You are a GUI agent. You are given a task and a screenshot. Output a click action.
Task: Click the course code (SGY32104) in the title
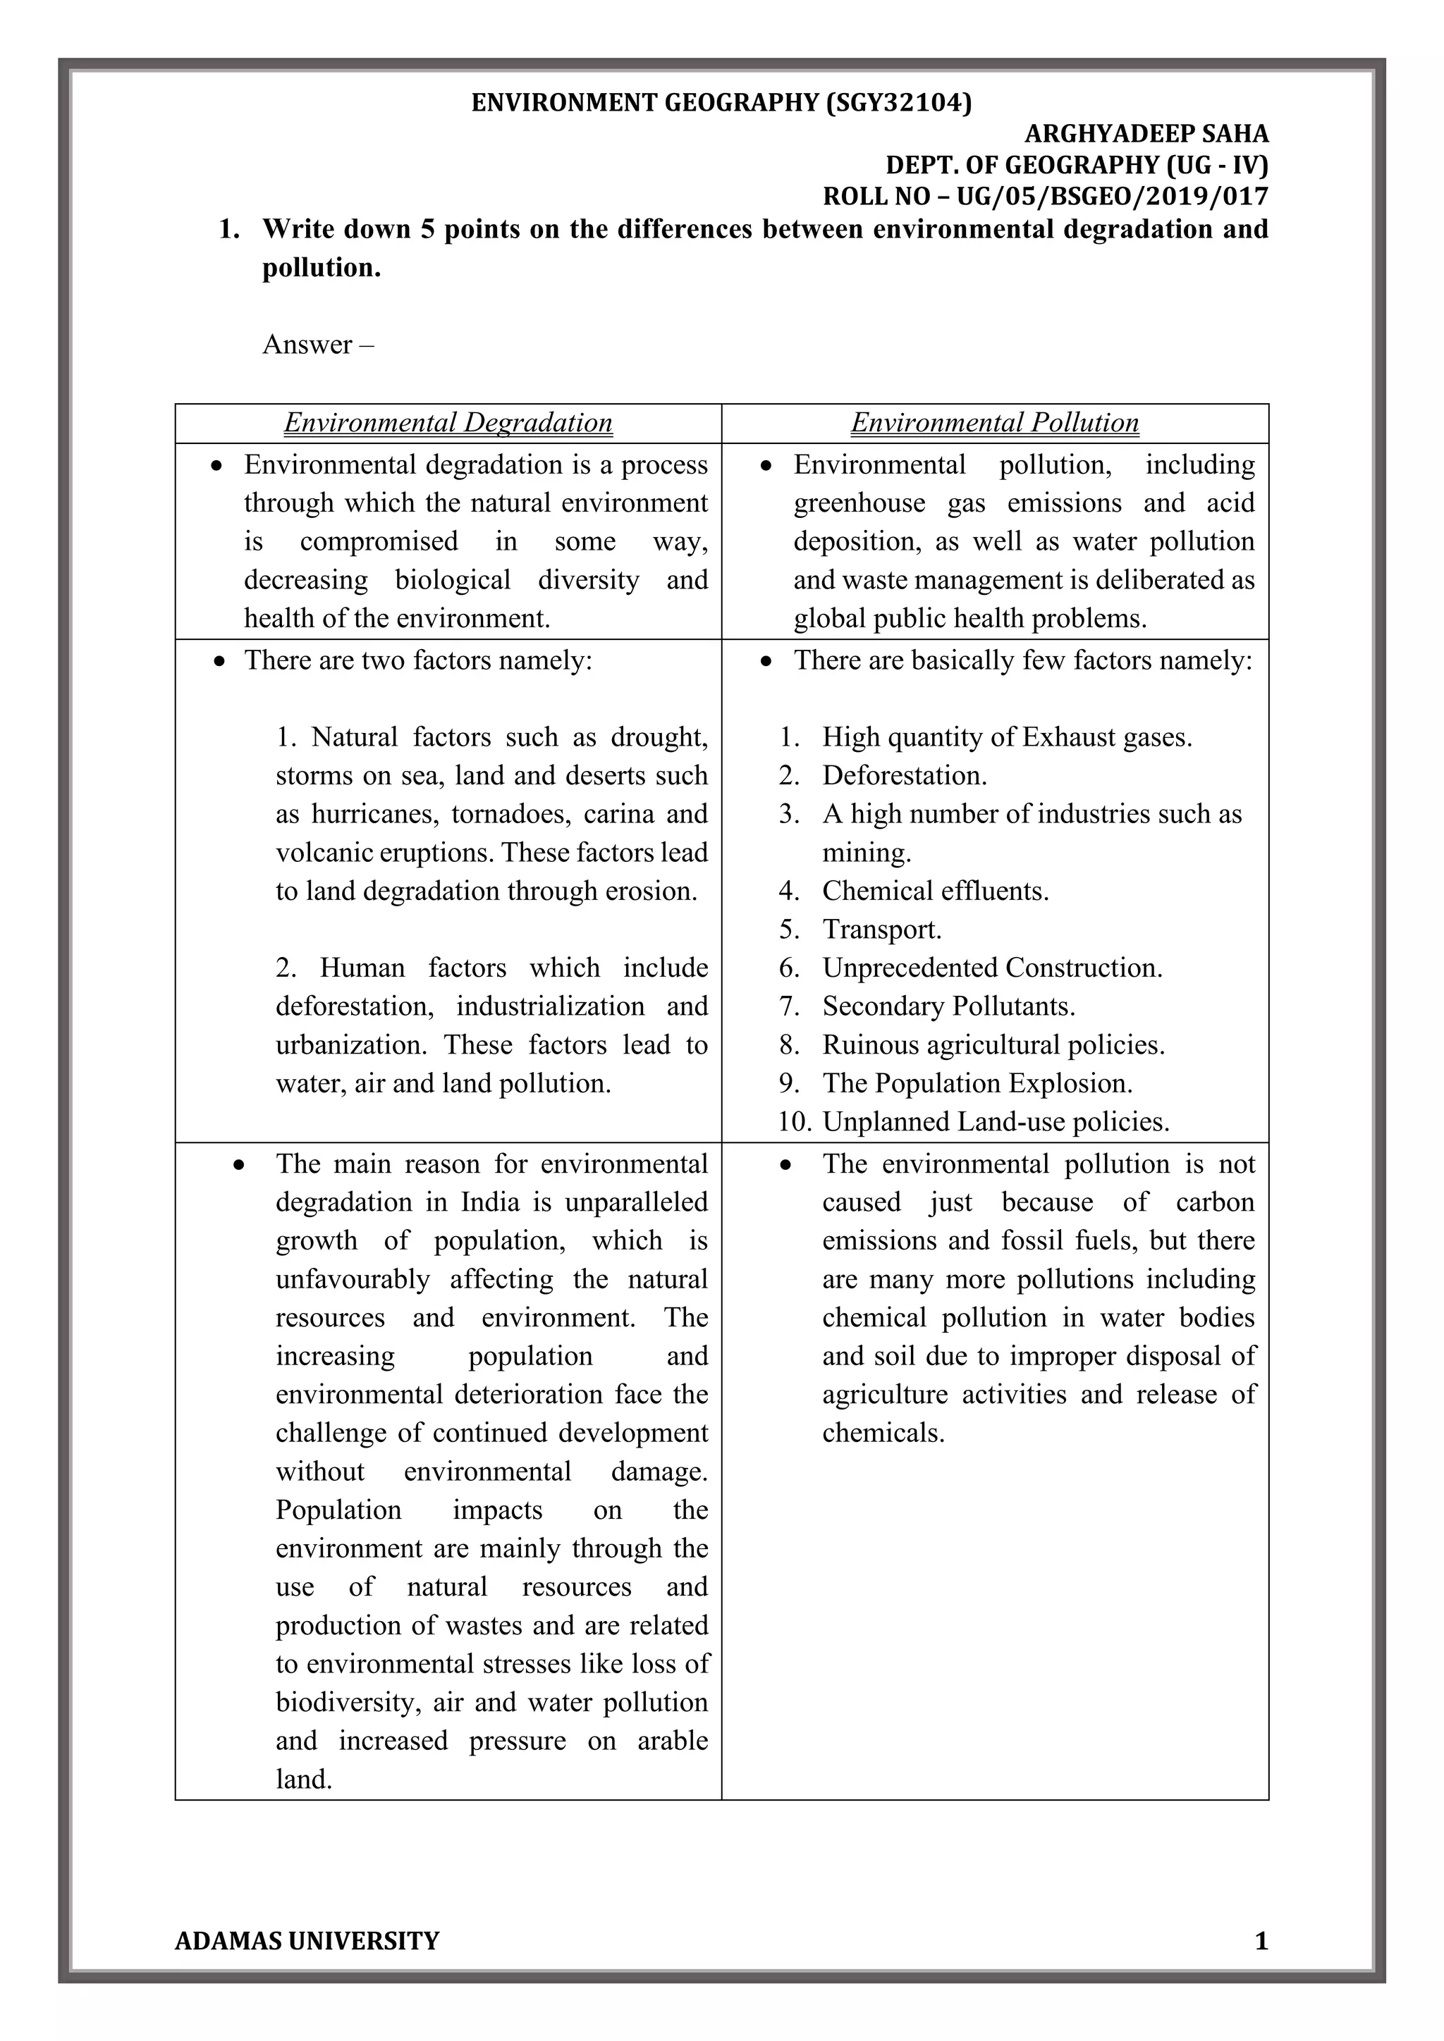898,103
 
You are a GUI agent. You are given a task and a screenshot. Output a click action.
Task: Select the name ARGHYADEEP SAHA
1146,134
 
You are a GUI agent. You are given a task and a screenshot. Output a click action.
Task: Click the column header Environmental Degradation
448,422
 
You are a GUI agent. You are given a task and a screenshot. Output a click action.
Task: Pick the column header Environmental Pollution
994,422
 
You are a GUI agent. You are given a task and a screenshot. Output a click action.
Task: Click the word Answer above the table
307,344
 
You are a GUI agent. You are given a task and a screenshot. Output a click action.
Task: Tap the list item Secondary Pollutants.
948,1006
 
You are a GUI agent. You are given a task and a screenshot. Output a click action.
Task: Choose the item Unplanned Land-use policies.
995,1122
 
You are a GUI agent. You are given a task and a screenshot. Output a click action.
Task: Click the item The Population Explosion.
977,1084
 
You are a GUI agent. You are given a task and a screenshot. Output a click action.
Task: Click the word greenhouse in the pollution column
859,503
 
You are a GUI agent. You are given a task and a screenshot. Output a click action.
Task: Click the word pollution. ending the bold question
321,268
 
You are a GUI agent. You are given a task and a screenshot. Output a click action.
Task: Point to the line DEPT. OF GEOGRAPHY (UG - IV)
1076,166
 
